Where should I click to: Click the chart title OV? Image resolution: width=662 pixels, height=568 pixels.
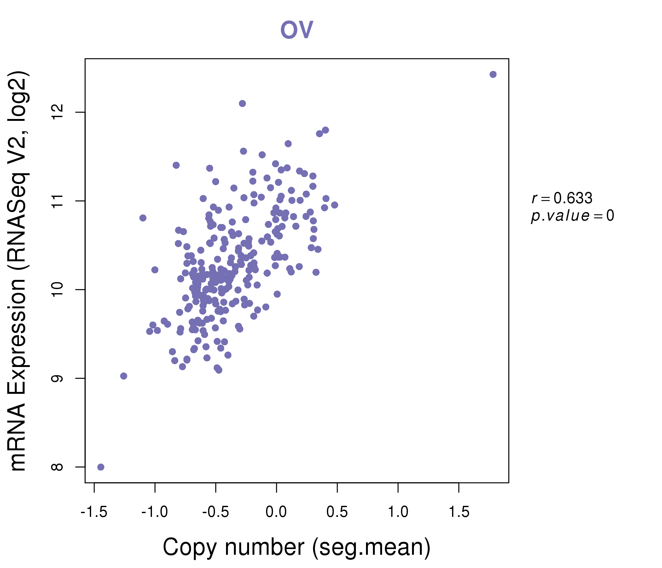[297, 30]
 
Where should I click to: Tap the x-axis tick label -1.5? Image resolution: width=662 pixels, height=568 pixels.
[94, 512]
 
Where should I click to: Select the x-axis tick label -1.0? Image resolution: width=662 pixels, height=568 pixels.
[155, 512]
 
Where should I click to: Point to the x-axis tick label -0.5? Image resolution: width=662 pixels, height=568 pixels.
[215, 512]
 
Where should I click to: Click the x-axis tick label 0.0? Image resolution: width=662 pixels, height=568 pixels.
[276, 512]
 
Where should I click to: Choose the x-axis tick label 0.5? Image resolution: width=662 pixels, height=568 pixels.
[337, 512]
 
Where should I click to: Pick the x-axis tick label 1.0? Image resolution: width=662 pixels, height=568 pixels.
[398, 512]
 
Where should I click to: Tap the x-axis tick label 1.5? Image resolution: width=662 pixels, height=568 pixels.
[459, 512]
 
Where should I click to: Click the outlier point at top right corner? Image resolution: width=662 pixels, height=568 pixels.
[493, 74]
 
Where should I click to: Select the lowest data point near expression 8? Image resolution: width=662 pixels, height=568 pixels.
[101, 467]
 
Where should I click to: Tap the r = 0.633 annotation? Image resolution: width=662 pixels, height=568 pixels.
[562, 198]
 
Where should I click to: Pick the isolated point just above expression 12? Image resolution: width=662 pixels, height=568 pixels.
[242, 103]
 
